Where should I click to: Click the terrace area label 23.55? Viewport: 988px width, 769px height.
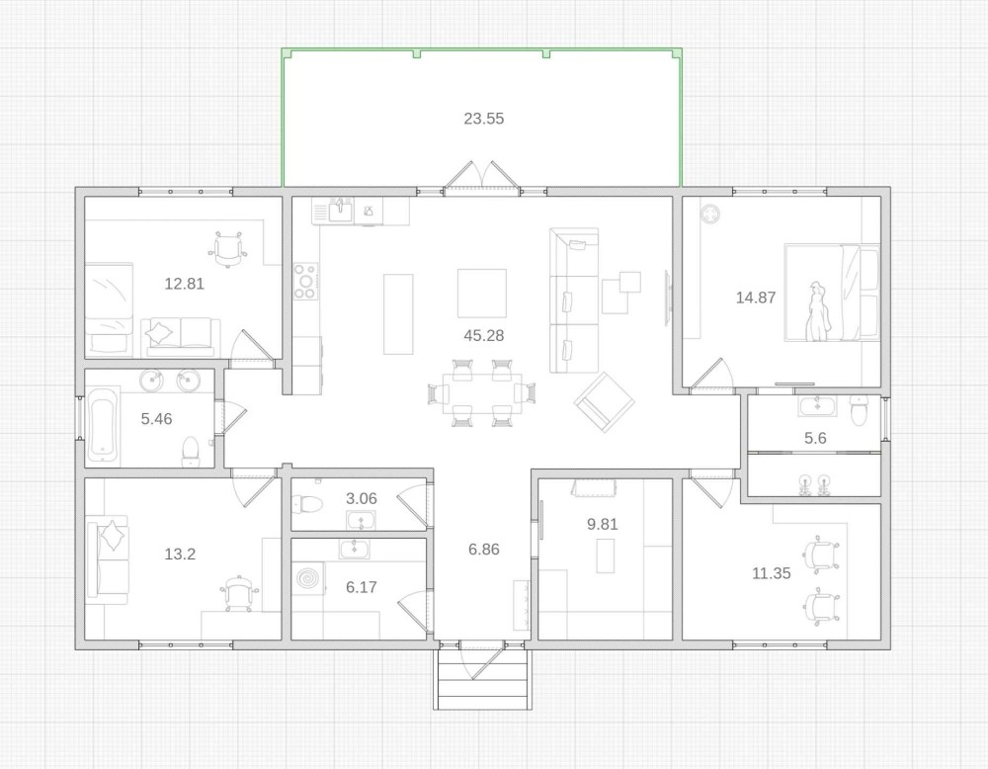(484, 119)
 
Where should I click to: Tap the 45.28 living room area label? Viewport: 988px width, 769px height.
(484, 335)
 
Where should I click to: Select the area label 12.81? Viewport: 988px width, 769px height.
(184, 284)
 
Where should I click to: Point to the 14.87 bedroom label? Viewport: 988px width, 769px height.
(756, 298)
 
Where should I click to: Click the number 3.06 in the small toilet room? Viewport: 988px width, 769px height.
(361, 498)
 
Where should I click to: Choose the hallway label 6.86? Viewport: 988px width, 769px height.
(484, 550)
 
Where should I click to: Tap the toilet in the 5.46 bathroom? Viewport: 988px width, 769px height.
(191, 452)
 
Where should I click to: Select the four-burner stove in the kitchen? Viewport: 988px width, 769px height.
(305, 281)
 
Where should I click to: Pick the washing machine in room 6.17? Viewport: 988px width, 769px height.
(309, 577)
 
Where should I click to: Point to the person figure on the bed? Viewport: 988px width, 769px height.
(818, 311)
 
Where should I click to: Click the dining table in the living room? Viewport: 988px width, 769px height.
(482, 394)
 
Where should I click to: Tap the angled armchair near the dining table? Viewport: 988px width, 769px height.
(604, 402)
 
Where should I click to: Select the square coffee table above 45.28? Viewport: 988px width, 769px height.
(482, 294)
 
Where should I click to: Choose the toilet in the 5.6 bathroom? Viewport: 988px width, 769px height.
(859, 410)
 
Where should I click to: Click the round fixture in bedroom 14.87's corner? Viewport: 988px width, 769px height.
(710, 214)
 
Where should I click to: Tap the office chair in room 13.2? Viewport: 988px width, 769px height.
(239, 593)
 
